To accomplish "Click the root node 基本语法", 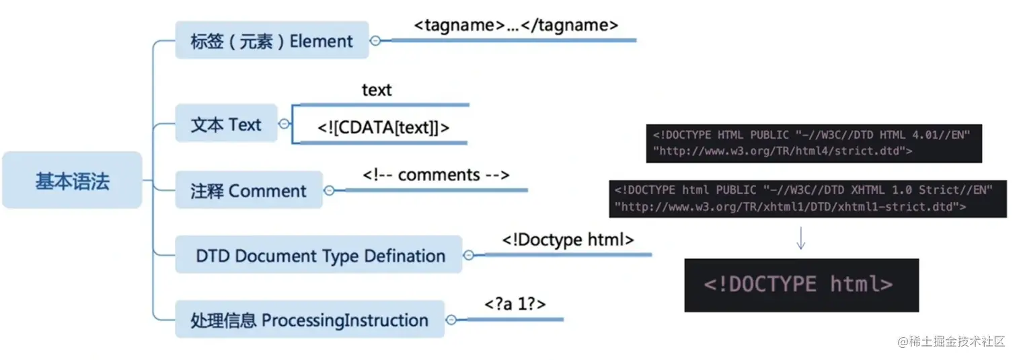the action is tap(72, 180).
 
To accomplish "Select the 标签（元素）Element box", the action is tap(272, 40).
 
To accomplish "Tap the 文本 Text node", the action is tap(226, 123).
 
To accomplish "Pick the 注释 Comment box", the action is tap(249, 190).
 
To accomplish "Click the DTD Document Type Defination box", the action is tap(319, 254).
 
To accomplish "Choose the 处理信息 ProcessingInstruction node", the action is tap(309, 319).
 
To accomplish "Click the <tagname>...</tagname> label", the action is tap(516, 25).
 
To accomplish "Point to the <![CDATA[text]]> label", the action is tap(383, 128).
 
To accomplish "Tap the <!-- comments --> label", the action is tap(436, 175).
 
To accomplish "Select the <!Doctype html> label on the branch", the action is tap(568, 240).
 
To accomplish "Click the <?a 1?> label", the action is tap(515, 303).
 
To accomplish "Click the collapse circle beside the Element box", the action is tap(375, 40).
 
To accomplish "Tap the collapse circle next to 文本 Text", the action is tap(285, 124).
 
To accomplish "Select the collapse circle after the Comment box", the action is tap(330, 190).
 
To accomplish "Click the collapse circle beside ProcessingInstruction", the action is tap(451, 320).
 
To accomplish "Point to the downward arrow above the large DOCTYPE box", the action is tap(801, 238).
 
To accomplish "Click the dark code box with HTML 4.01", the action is tap(814, 143).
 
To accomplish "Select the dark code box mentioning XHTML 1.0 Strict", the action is tap(808, 199).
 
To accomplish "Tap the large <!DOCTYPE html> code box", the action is tap(801, 285).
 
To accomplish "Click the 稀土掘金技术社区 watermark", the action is tap(950, 341).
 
